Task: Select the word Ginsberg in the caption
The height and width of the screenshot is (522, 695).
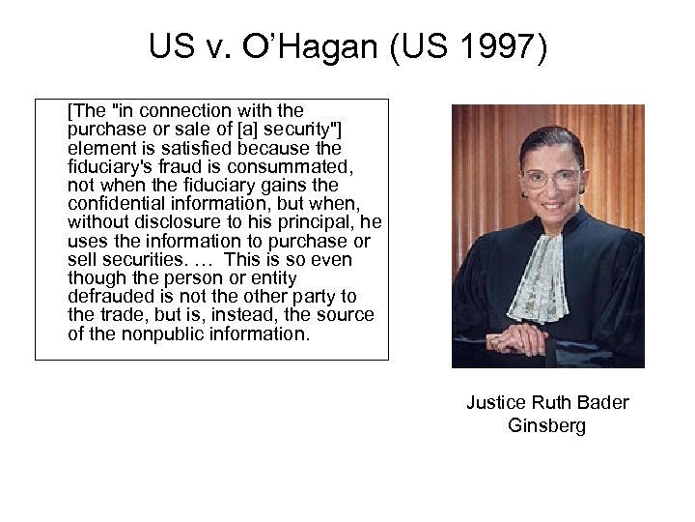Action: [x=546, y=426]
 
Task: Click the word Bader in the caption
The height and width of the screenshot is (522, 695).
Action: [x=600, y=403]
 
